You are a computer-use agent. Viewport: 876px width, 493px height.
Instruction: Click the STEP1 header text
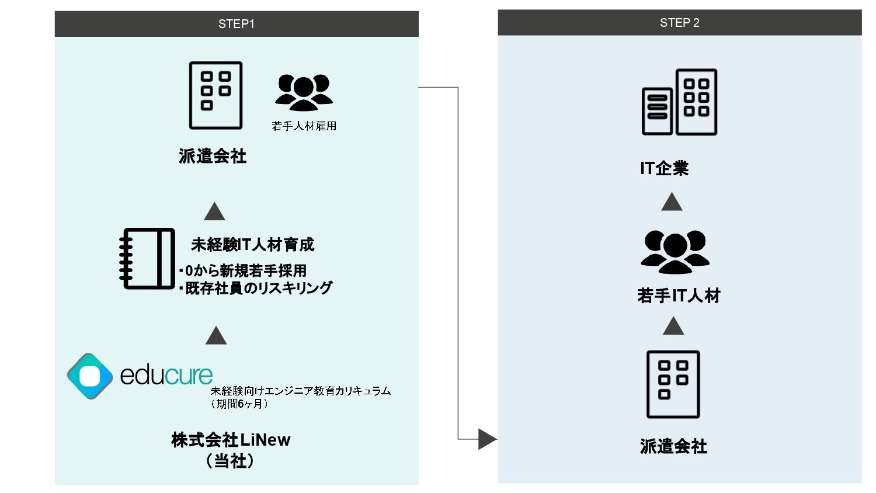click(x=236, y=24)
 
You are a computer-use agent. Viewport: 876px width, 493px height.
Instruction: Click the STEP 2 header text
click(x=679, y=23)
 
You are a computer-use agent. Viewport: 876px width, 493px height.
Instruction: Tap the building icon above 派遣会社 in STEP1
click(x=215, y=95)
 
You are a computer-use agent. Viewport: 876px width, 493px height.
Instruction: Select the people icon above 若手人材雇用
click(x=303, y=92)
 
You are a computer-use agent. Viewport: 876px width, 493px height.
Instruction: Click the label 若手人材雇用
click(x=304, y=126)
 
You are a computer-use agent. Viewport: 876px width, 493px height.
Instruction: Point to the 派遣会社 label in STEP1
click(x=213, y=157)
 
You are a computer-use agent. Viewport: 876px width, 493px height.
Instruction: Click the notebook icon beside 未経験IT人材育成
click(x=148, y=258)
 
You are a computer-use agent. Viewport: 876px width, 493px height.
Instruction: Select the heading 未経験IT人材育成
click(x=253, y=244)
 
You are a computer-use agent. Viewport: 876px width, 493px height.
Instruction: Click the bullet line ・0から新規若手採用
click(x=243, y=270)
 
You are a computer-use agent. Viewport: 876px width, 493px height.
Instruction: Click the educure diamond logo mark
click(x=89, y=376)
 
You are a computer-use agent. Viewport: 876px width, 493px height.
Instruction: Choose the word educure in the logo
click(x=166, y=374)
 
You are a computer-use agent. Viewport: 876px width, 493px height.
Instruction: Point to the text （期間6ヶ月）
click(x=239, y=404)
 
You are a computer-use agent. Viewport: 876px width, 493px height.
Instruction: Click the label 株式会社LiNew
click(x=231, y=440)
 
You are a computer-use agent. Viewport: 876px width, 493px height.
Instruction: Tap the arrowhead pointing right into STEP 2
click(x=486, y=439)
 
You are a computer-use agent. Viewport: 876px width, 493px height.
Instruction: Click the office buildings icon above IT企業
click(x=679, y=102)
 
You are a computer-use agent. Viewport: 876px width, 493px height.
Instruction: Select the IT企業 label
click(x=664, y=168)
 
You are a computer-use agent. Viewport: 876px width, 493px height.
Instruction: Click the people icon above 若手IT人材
click(x=675, y=252)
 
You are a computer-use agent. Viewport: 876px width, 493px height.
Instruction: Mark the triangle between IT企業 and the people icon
click(x=672, y=202)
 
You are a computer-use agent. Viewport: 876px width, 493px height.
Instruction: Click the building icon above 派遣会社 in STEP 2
click(x=673, y=384)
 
